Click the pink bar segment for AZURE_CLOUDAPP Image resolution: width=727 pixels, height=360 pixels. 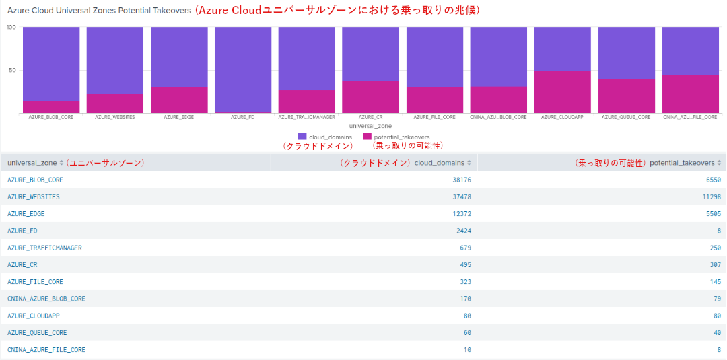562,92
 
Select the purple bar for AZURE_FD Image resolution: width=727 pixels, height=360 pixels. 243,69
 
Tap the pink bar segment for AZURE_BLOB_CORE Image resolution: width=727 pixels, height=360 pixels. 51,106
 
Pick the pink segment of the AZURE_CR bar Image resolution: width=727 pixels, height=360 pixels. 370,96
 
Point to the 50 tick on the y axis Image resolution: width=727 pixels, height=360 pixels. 11,70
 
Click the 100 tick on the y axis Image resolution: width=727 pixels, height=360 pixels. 11,28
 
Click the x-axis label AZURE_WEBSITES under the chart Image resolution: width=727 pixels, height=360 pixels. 115,117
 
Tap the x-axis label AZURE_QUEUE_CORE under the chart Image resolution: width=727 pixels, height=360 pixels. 626,117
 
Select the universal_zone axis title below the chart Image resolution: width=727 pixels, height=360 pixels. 370,126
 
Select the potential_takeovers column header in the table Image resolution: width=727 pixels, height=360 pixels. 682,163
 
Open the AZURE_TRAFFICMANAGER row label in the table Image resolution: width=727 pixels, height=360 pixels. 44,248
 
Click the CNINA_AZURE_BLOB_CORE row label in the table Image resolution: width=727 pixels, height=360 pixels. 46,298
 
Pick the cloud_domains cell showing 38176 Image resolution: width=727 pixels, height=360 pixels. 462,180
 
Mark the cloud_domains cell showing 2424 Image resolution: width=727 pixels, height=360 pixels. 464,231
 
